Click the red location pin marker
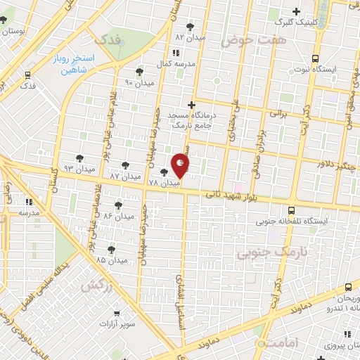181,166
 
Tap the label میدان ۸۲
189,36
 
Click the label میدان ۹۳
79,169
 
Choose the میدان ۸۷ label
124,175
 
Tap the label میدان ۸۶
117,217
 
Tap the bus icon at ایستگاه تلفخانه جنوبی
291,210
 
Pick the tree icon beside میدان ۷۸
164,172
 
